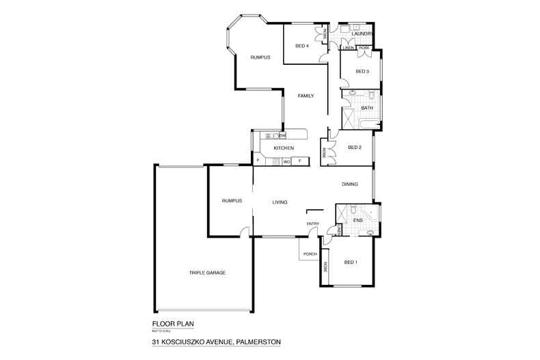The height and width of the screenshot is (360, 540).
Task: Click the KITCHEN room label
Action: [x=284, y=148]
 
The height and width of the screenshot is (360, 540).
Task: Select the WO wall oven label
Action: [x=287, y=162]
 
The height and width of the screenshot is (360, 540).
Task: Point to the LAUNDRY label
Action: [x=362, y=33]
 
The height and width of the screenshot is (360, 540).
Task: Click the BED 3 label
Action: [x=362, y=71]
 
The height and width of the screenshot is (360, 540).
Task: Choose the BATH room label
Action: [x=366, y=108]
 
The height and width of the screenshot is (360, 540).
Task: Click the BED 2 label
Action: [x=354, y=148]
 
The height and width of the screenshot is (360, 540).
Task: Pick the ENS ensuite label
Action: [x=357, y=221]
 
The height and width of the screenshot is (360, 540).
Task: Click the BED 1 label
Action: [x=351, y=262]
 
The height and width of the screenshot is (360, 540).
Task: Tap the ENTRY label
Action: [x=312, y=223]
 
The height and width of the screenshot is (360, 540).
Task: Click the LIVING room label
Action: [x=279, y=202]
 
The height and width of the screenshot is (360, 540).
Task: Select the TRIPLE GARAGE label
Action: [x=208, y=273]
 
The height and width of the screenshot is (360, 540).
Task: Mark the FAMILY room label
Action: [x=306, y=96]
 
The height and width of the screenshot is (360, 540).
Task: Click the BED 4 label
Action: [x=301, y=46]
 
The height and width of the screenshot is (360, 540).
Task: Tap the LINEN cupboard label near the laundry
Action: [x=349, y=48]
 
